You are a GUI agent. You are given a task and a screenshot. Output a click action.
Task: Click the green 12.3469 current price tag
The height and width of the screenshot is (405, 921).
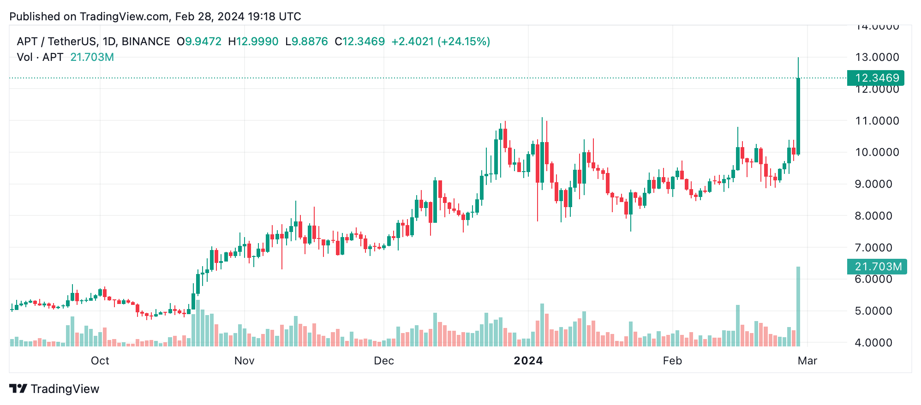(x=875, y=78)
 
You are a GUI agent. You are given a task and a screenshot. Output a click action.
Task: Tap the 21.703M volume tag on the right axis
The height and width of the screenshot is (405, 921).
(x=877, y=267)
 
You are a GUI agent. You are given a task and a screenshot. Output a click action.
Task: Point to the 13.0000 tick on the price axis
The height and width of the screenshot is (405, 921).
(x=877, y=57)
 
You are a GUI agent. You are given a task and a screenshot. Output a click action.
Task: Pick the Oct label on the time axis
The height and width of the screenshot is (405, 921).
(x=100, y=361)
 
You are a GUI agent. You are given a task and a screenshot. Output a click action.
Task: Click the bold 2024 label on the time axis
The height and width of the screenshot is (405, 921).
(x=528, y=361)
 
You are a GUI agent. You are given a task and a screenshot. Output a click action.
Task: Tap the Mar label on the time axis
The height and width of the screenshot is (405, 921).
(x=807, y=361)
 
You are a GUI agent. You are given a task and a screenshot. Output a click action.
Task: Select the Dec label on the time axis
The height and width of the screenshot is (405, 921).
(x=383, y=361)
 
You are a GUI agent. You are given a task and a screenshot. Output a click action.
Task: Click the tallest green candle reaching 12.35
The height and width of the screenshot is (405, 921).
(x=798, y=115)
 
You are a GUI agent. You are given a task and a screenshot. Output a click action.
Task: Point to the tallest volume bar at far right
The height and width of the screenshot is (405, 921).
(x=798, y=307)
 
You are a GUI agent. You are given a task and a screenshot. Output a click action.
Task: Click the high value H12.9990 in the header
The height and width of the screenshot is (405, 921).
(x=253, y=42)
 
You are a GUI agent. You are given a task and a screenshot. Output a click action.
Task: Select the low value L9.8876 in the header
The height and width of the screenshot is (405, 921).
(x=306, y=42)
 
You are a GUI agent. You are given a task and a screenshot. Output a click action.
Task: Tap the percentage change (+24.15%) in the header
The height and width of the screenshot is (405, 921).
(x=464, y=42)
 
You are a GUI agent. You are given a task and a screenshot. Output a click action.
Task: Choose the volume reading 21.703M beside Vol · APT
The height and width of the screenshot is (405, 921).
(x=92, y=57)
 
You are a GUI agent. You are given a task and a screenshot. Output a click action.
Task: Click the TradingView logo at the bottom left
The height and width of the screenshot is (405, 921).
(x=54, y=389)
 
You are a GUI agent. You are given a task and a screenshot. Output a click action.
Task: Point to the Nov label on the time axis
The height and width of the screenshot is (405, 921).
(x=244, y=361)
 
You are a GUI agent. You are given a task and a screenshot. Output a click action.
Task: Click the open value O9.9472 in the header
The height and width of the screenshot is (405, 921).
(x=199, y=42)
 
